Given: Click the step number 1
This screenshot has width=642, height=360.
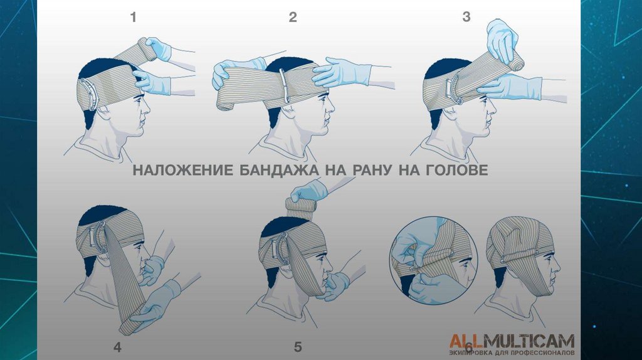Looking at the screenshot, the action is coord(133,18).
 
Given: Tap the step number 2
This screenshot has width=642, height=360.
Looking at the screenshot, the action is coord(292,17).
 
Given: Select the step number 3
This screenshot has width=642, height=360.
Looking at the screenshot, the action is coord(466,17).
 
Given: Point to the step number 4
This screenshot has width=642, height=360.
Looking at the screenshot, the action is coord(117,347).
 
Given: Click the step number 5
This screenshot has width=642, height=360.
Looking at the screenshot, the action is coord(298,347).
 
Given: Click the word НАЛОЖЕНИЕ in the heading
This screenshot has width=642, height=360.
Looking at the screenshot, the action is coord(183,170).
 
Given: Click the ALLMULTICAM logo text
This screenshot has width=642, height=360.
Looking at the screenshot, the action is coord(512,341).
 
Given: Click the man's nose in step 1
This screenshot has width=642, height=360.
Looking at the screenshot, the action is coord(146,109).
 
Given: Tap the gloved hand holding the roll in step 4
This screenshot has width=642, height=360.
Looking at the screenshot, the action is coord(157,303).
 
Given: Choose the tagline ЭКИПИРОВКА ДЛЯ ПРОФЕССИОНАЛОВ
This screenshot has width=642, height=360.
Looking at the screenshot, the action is coord(512,352).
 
